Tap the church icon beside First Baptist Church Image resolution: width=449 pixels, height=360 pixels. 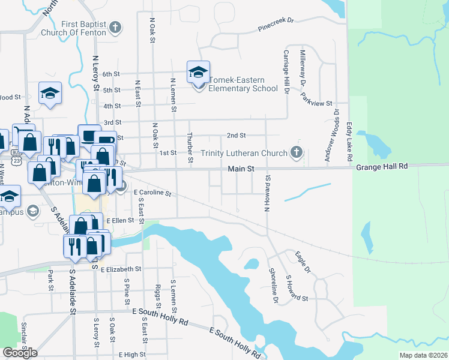115,27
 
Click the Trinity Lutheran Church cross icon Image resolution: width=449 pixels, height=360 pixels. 295,152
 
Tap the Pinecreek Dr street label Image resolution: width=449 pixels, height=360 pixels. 276,24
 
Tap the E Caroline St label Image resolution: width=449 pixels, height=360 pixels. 152,193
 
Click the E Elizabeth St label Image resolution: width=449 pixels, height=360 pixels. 121,270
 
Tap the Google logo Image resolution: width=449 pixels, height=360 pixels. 20,353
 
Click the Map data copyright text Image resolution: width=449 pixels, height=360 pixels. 423,355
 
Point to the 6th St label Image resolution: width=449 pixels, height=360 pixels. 111,74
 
